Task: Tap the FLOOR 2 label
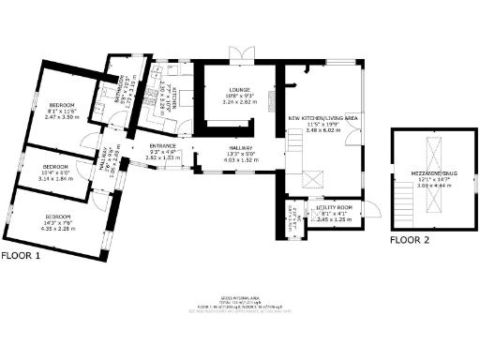point(410,240)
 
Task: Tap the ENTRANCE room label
point(162,146)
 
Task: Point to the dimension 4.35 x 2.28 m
point(58,227)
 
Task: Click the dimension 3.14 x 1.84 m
point(56,177)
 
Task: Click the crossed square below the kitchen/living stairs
point(312,179)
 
